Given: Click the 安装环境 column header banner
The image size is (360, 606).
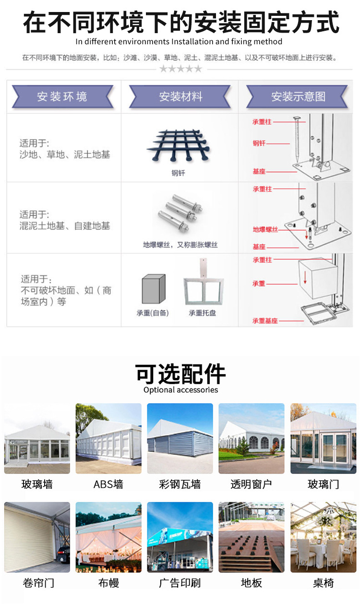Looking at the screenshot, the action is (x=62, y=97).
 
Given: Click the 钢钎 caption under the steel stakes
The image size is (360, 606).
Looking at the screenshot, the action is (x=178, y=173).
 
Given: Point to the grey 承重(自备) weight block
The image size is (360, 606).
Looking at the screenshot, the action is (x=153, y=289).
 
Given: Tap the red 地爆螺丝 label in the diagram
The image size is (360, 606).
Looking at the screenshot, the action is (x=265, y=230).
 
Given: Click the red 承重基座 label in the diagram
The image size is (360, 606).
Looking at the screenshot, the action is (x=265, y=320).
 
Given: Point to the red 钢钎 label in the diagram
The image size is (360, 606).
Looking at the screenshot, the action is (x=259, y=143).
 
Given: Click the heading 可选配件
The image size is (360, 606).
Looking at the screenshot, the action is (x=180, y=373).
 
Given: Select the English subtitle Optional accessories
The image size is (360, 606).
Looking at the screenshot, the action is (x=180, y=390).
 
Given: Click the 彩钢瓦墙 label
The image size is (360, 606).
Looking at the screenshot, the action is (x=180, y=484).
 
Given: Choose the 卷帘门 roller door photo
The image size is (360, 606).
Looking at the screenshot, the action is (x=37, y=537).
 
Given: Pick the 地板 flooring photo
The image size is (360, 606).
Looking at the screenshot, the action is (x=252, y=537).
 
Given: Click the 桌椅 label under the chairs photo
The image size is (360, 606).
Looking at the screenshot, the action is (x=323, y=583).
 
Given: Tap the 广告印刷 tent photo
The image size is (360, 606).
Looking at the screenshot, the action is (x=180, y=537).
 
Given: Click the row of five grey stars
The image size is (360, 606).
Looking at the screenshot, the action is (x=180, y=69).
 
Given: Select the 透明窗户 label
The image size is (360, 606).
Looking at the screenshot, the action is (x=251, y=484).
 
